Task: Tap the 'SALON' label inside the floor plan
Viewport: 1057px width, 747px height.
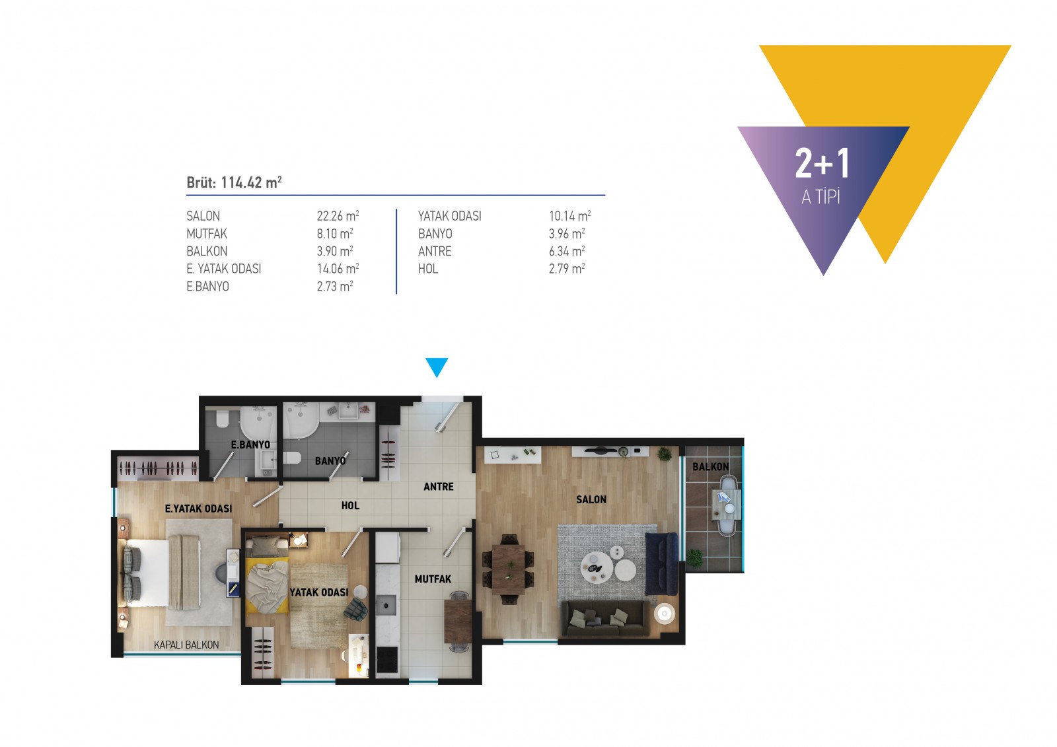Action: tap(591, 499)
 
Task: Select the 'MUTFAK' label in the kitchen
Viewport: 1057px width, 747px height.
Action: tap(433, 579)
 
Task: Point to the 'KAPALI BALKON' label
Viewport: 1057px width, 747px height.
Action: tap(186, 645)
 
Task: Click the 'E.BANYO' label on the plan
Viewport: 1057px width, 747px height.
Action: tap(250, 445)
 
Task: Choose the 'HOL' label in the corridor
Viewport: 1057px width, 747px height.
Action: tap(350, 505)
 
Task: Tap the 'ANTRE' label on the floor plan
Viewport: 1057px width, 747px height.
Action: tap(439, 487)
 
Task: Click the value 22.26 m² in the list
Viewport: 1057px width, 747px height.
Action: tap(338, 216)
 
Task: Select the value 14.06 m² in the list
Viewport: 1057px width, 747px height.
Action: tap(338, 269)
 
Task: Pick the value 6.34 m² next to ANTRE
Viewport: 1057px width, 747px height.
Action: tap(567, 251)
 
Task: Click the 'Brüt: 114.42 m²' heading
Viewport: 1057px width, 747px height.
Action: tap(234, 182)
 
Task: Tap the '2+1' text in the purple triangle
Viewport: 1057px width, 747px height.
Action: tap(822, 163)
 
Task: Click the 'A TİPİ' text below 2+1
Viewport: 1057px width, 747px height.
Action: tap(820, 197)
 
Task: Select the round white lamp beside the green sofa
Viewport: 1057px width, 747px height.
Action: tap(665, 614)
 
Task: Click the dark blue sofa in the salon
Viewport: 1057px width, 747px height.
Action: tap(661, 563)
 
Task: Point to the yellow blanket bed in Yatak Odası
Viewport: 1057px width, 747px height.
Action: tap(267, 584)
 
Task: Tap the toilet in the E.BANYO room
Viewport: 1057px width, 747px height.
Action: tap(221, 419)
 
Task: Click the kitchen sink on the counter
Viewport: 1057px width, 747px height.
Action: tap(386, 605)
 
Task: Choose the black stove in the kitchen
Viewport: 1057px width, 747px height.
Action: tap(387, 660)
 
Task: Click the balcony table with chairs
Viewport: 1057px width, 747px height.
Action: tap(726, 505)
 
